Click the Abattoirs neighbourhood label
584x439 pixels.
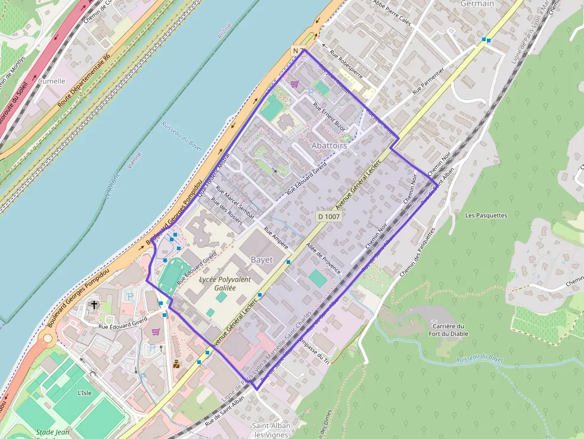point(329,145)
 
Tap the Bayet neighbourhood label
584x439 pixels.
point(262,260)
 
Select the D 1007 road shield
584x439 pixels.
point(329,216)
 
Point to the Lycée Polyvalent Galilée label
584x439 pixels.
point(225,284)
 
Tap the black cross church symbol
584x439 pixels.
point(93,305)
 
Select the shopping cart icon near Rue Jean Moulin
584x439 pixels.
point(294,84)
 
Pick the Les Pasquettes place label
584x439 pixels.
point(486,215)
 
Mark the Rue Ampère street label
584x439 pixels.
point(276,238)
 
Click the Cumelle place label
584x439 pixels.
point(51,81)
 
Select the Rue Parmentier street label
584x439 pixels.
point(428,80)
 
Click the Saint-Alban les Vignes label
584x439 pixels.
point(271,430)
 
